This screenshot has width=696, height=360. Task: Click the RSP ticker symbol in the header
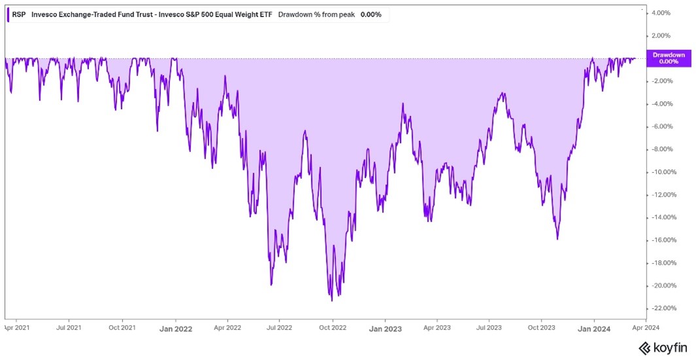(x=19, y=14)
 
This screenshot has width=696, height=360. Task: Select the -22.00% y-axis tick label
(x=661, y=308)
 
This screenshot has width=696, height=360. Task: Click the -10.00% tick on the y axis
(x=661, y=172)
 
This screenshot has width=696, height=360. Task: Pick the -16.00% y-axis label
(x=661, y=240)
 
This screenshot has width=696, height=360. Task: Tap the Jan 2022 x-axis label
(x=175, y=329)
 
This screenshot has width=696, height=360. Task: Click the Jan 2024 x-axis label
(x=593, y=329)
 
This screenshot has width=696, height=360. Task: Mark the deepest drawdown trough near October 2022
(x=332, y=300)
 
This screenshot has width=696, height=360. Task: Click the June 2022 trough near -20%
(x=271, y=285)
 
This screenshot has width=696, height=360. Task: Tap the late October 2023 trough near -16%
(x=557, y=239)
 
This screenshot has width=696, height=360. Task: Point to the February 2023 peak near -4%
(x=403, y=103)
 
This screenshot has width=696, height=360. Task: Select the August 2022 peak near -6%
(x=305, y=132)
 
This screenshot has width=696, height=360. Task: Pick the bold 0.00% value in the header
(x=371, y=14)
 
